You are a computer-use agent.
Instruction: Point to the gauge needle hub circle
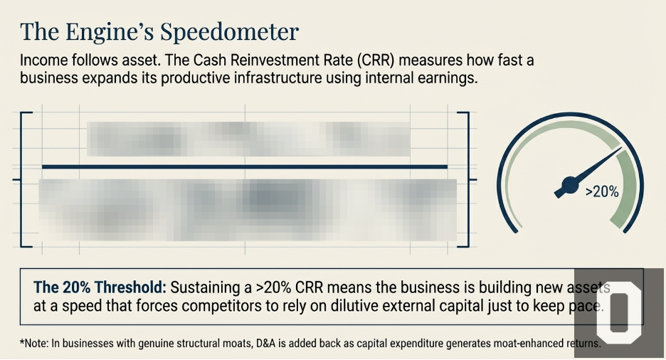(x=570, y=187)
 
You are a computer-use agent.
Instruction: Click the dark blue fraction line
(x=245, y=166)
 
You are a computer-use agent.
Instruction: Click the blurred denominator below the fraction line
(x=248, y=209)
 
